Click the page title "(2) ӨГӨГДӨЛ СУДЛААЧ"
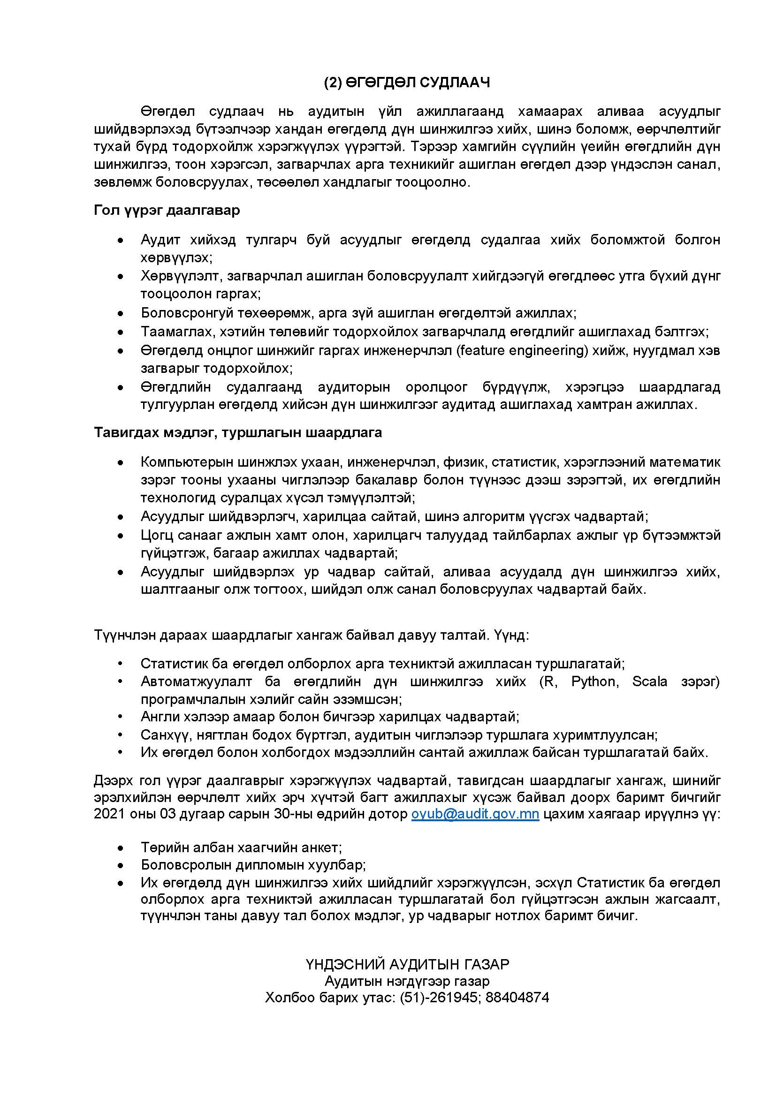pyautogui.click(x=407, y=83)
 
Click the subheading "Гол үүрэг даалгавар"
pyautogui.click(x=167, y=210)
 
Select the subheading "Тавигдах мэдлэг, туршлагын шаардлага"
pyautogui.click(x=238, y=432)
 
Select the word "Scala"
pyautogui.click(x=649, y=681)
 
